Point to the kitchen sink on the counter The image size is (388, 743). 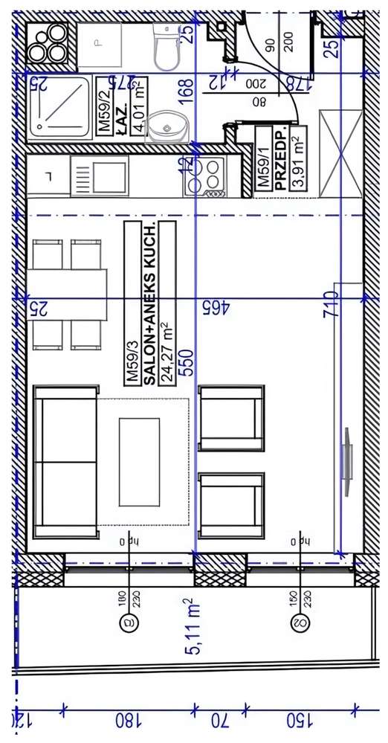(100, 176)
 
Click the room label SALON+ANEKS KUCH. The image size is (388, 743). (149, 303)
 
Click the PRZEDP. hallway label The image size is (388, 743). (280, 160)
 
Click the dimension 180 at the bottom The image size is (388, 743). (128, 720)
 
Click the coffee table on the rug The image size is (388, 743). (139, 460)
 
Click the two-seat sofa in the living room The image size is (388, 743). (65, 461)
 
